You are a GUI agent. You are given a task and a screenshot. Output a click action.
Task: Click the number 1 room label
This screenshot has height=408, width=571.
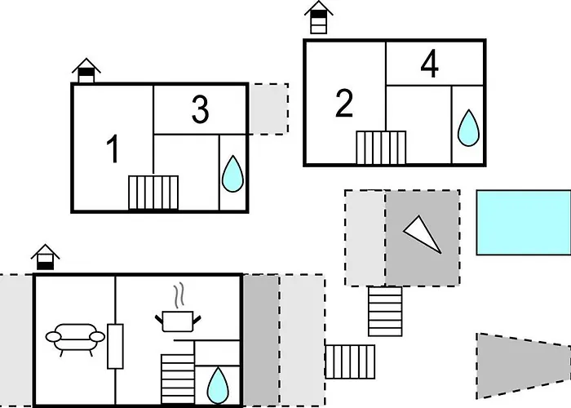113,149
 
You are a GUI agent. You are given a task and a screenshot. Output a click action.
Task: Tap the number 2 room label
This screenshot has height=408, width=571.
344,103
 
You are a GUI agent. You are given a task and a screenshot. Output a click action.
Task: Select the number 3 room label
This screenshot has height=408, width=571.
201,109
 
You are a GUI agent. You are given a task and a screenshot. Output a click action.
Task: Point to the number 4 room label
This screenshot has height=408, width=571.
430,64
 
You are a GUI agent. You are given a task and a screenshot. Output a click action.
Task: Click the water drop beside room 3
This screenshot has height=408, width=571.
232,174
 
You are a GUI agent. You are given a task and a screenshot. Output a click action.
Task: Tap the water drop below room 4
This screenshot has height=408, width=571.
468,128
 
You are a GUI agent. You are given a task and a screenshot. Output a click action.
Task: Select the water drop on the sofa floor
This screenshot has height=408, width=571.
218,385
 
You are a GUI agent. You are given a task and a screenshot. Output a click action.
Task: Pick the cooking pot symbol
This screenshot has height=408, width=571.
178,322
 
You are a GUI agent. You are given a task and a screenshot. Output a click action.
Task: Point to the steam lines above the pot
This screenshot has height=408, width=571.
179,295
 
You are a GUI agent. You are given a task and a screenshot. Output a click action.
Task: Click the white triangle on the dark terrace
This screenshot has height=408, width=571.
423,234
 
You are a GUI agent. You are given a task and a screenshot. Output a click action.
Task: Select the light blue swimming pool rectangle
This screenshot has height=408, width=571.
524,222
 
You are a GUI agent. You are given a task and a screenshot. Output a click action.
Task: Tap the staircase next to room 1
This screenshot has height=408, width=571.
153,193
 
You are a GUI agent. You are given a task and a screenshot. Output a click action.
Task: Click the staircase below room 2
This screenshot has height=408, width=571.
381,148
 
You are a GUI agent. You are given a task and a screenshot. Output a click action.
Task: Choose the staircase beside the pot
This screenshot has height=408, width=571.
178,379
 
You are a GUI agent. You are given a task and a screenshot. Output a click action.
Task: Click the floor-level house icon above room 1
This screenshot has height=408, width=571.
86,70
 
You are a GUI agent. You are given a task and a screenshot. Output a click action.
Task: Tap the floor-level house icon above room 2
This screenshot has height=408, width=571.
319,17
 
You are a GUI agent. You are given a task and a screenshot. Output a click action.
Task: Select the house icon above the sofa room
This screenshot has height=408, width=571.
45,257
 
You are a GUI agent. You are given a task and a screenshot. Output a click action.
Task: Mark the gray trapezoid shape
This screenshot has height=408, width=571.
524,366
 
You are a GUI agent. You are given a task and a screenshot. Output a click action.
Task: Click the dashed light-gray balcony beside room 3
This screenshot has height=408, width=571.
268,109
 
